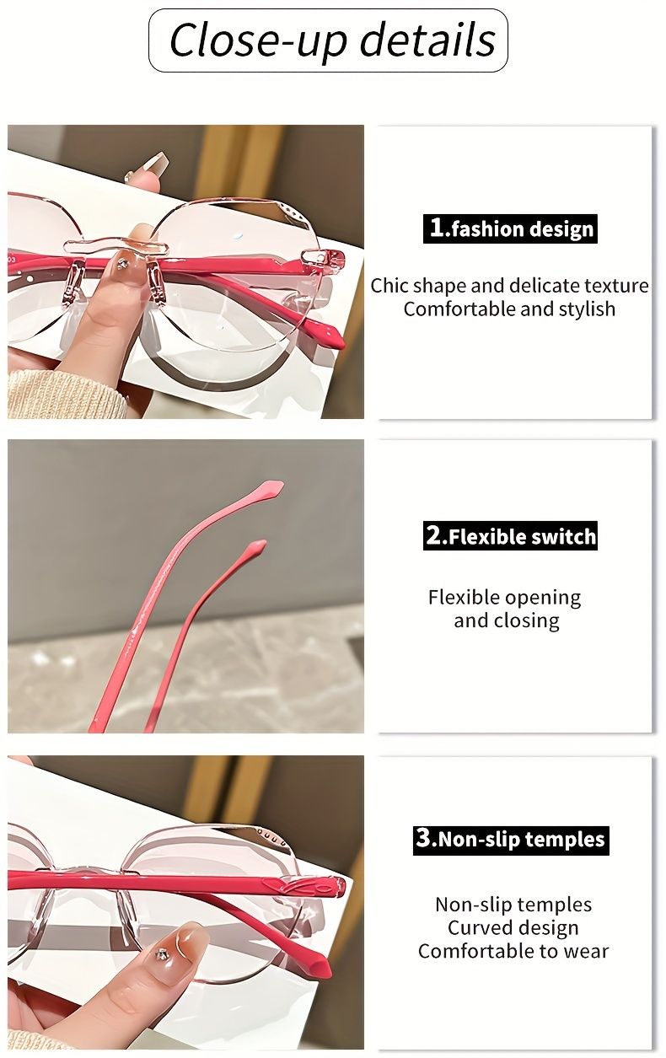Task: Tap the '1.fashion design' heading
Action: pos(510,228)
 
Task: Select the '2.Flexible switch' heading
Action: pos(510,536)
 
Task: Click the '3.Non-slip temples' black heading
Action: pos(510,840)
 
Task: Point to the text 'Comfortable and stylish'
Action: pos(509,309)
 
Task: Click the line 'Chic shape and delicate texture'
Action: pos(509,285)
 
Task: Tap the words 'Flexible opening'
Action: pos(504,598)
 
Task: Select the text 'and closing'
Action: pos(506,620)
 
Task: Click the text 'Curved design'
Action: pos(513,927)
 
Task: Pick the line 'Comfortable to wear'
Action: pos(513,951)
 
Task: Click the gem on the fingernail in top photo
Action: pos(123,264)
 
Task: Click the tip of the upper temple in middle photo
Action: pos(271,488)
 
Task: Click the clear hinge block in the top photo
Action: pos(314,258)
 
